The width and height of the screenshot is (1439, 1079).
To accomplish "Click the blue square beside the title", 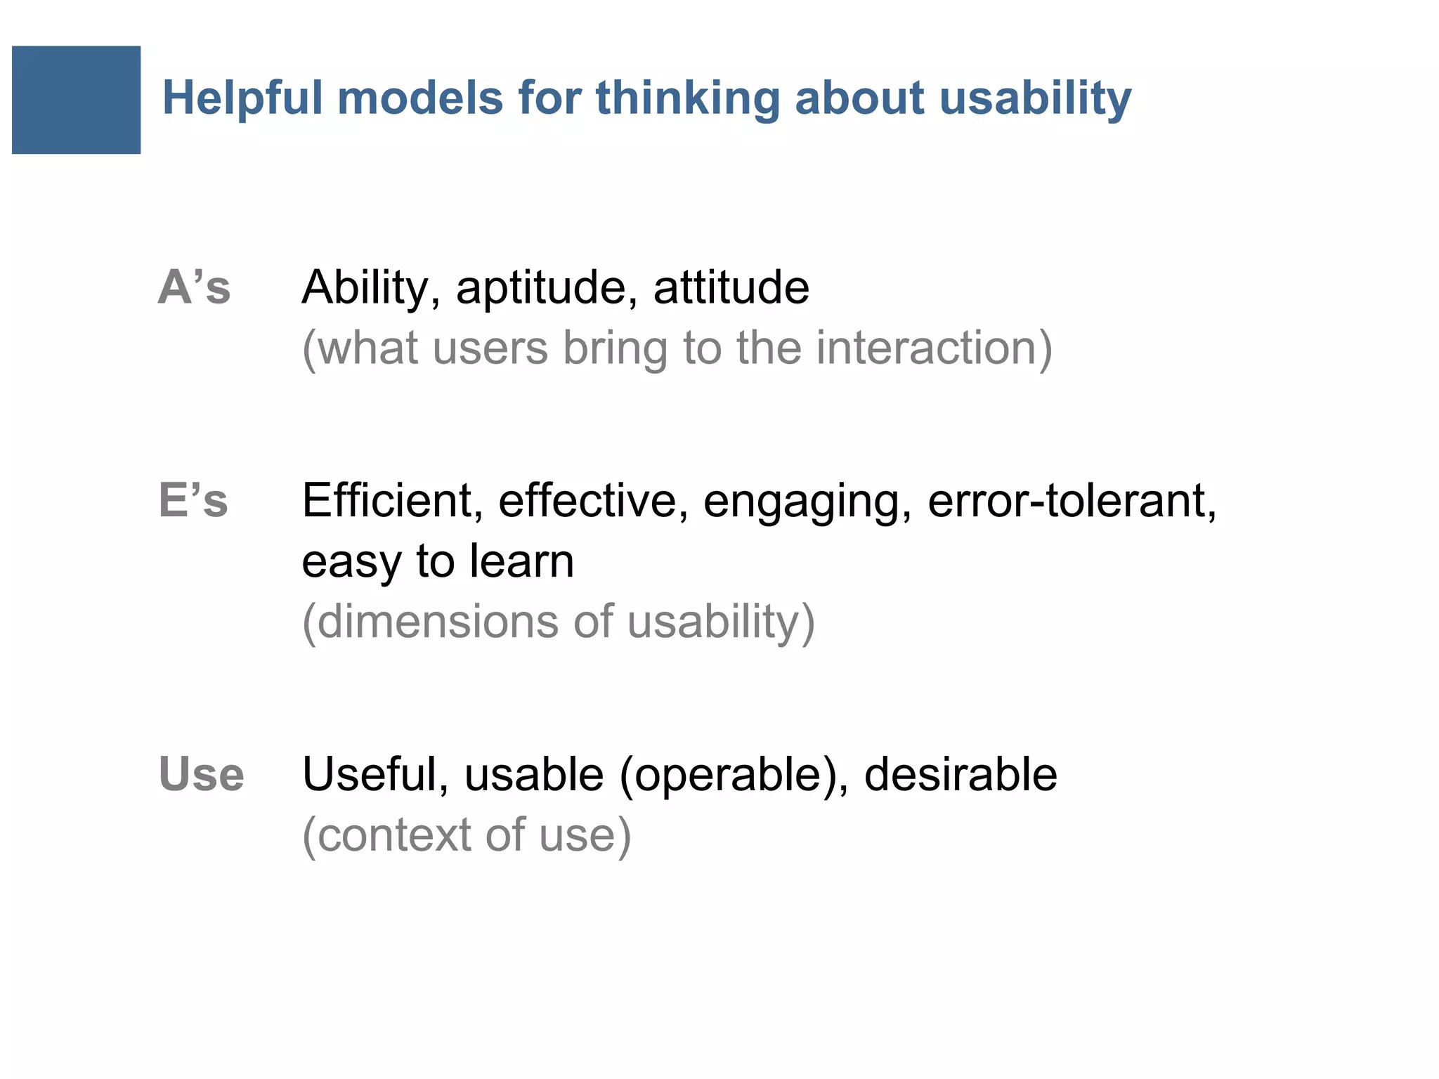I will point(76,100).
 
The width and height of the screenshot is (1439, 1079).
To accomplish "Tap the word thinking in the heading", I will point(687,98).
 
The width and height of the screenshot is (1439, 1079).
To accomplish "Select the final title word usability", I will point(1034,98).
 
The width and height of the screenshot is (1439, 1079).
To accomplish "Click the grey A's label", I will point(194,287).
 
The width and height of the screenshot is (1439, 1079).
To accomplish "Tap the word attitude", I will point(731,287).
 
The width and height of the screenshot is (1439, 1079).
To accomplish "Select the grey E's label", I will point(193,501).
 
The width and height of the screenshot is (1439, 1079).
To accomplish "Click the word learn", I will point(521,561).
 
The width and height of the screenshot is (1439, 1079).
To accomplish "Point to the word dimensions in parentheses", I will point(436,622).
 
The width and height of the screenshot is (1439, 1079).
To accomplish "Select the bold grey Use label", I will point(201,774).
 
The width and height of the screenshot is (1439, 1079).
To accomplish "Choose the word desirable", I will point(960,774).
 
